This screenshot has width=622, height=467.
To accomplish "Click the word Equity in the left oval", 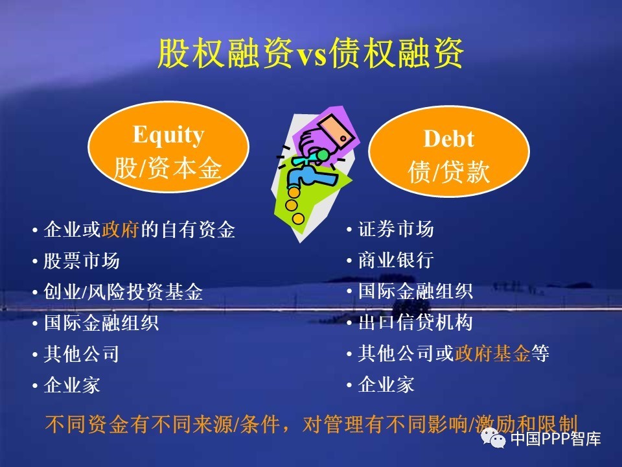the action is point(168,135).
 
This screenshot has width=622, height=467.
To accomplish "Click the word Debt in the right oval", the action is point(448,139).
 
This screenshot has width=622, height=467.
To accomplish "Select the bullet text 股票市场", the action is point(82,261).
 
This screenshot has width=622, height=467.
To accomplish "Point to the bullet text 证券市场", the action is point(396,229).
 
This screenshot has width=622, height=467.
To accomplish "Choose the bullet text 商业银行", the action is point(396,261).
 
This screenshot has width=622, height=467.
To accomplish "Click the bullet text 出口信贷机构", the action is point(415,322).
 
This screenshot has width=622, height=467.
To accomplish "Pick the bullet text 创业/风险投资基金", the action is point(123,292).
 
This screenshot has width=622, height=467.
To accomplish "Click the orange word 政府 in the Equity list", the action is point(120,230).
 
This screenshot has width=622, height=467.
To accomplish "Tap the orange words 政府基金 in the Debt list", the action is point(492,353).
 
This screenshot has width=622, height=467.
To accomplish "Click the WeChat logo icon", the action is point(493,438).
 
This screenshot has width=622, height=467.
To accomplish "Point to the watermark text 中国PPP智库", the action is point(556,439).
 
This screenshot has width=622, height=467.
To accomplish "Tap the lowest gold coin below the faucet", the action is point(298,219).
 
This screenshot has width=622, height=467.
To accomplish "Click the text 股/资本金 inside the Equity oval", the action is point(168,169).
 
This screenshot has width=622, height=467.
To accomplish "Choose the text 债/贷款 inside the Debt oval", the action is point(448,173).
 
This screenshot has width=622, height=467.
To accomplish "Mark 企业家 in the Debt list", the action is point(386,385).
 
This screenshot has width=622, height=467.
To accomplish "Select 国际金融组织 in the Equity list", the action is point(101,323).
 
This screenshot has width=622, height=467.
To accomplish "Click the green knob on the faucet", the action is point(323,154).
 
